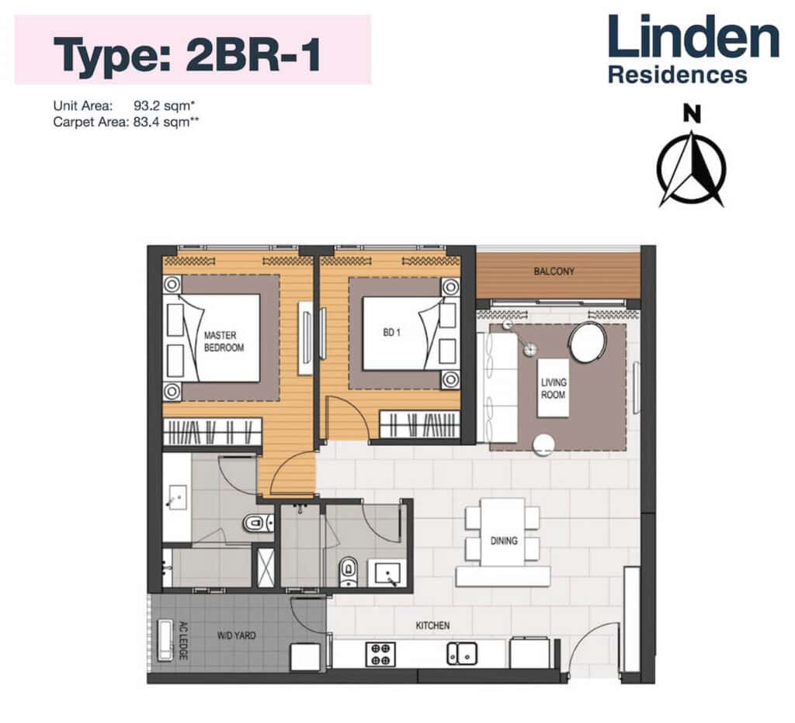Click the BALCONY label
tap(554, 272)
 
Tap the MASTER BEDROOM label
tap(224, 342)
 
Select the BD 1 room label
tap(389, 332)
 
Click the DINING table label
tap(503, 541)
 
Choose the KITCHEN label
tap(432, 625)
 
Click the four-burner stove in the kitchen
tap(380, 654)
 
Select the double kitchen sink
tap(463, 654)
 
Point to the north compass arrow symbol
tap(691, 168)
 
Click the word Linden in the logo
tap(693, 39)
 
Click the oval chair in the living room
tap(588, 342)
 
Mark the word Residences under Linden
tap(677, 75)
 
